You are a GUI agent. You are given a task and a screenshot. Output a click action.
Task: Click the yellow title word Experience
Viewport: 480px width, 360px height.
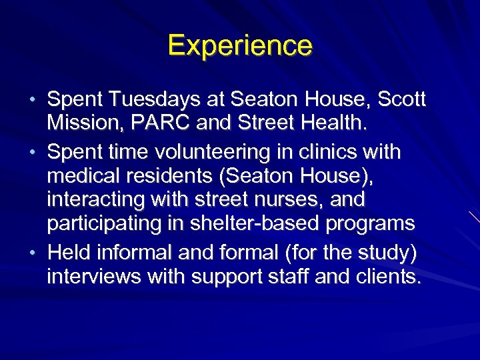[x=240, y=46]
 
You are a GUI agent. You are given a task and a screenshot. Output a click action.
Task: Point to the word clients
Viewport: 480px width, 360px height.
[x=387, y=276]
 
